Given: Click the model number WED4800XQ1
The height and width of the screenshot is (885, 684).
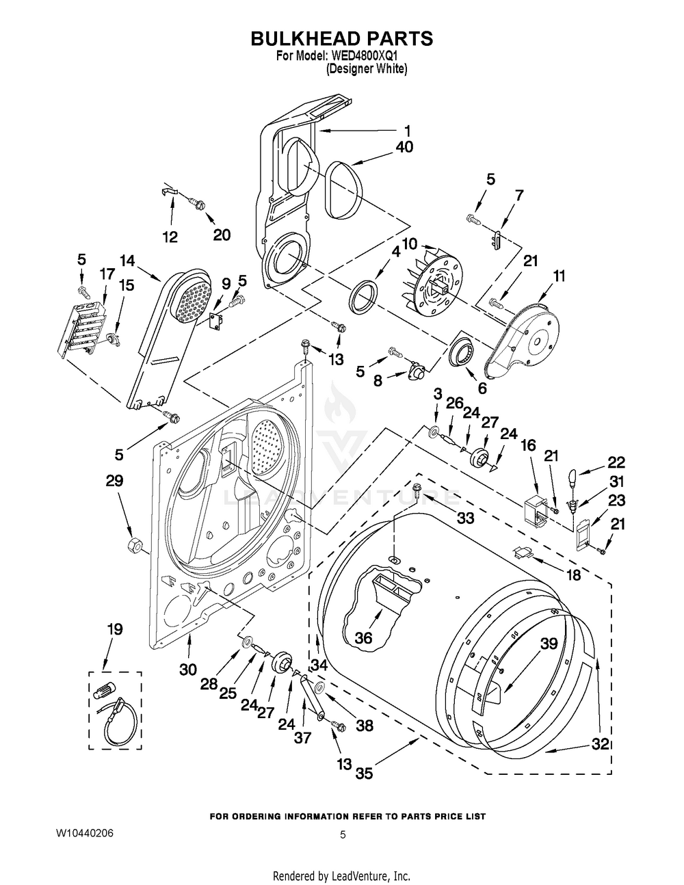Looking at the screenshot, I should tap(369, 56).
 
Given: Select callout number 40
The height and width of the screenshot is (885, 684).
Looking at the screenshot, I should tap(404, 146).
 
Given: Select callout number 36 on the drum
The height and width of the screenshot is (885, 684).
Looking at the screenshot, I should tap(363, 637).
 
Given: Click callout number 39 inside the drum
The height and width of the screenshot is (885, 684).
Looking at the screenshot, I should tap(549, 644).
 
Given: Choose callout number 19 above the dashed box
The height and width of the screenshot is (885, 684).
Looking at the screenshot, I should tap(115, 629).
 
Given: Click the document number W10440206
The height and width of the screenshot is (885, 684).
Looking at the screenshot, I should tap(85, 833).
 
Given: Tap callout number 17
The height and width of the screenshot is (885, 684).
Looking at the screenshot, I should tap(107, 274).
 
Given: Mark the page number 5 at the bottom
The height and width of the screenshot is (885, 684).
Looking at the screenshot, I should tap(343, 834).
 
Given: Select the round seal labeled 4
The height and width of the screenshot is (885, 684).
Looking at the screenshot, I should tap(363, 294).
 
